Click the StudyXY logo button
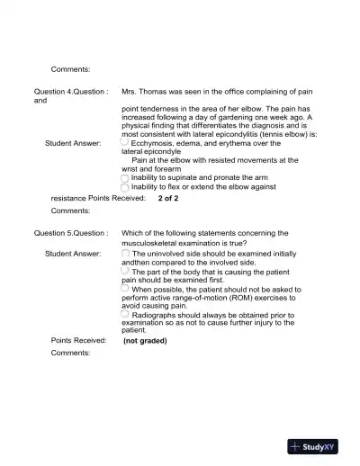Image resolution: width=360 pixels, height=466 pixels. (x=319, y=446)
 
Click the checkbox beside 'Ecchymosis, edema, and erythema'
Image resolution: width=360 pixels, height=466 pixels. (x=125, y=141)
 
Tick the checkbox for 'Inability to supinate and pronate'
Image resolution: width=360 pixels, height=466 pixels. (x=125, y=178)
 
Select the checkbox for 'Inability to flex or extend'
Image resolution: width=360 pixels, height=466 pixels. (x=125, y=187)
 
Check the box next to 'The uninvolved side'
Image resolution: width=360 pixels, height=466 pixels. (x=125, y=253)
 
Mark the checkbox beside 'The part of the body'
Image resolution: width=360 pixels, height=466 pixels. (x=125, y=270)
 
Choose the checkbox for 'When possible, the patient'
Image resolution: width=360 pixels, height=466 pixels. (x=125, y=289)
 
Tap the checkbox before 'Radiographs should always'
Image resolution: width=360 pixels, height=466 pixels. (x=125, y=313)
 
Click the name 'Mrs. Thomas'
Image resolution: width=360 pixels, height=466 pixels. (x=147, y=92)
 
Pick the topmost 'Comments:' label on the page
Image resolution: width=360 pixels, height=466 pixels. (x=70, y=68)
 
